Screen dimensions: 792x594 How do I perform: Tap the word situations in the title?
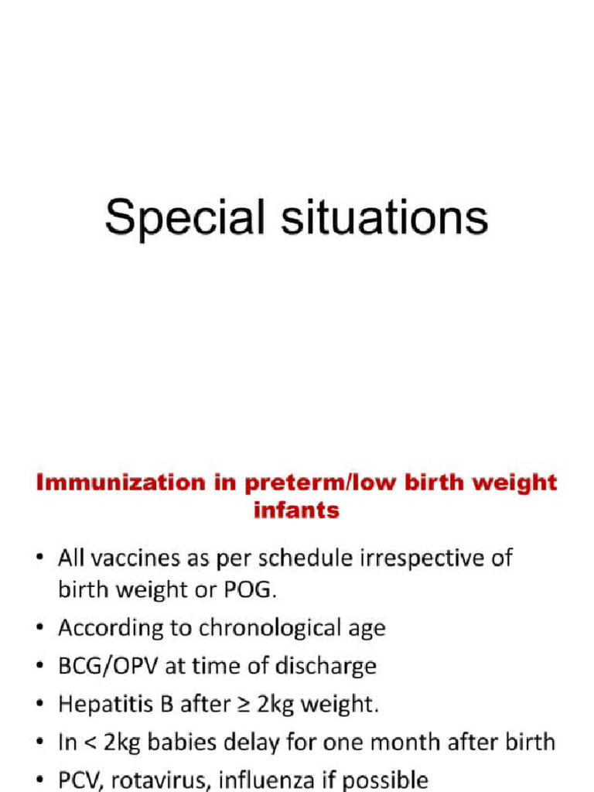(377, 217)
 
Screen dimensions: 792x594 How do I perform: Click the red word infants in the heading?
(296, 510)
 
